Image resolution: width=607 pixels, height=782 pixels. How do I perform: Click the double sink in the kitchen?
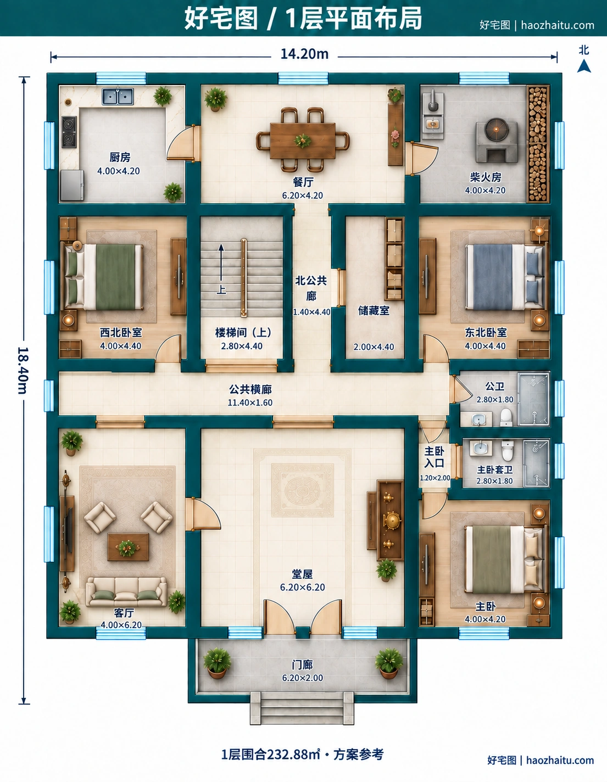(118, 97)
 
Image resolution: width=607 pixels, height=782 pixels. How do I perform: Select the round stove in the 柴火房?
(497, 140)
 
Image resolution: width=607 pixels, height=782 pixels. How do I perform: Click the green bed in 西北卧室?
(104, 276)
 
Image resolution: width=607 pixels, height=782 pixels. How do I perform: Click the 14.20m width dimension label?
(304, 54)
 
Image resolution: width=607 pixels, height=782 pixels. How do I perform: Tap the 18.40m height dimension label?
(23, 371)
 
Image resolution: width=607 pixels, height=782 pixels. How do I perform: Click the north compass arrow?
(583, 66)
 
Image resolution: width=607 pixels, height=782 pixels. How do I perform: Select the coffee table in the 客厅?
(128, 546)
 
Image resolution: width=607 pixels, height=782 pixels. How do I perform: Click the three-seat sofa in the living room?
(126, 591)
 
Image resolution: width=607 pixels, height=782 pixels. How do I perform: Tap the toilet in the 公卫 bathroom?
(506, 417)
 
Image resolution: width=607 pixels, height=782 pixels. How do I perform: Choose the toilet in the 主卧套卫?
(508, 450)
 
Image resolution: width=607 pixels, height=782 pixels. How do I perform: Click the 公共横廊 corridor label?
(250, 389)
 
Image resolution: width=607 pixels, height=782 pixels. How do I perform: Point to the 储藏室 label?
(374, 311)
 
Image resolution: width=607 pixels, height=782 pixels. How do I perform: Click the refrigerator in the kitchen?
(72, 185)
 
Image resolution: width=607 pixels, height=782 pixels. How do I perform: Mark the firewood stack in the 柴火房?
(538, 143)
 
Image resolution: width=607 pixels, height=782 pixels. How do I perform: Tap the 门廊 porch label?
(303, 664)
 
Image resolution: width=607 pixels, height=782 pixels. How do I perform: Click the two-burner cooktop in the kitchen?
(69, 132)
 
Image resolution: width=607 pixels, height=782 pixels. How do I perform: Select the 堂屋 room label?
(302, 574)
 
